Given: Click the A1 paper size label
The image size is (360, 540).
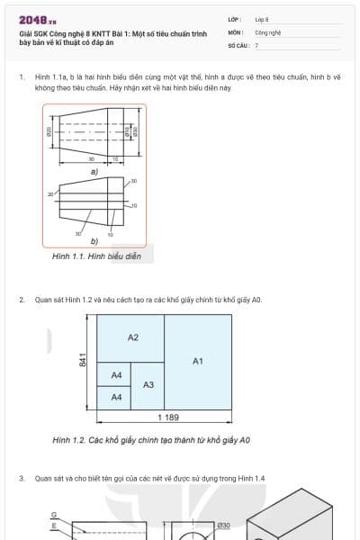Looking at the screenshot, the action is click(x=198, y=361).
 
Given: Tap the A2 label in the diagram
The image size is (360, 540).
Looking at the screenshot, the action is click(x=133, y=337).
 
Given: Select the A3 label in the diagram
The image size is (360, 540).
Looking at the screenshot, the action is click(x=148, y=385).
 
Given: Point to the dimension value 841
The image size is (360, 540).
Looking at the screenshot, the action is click(x=83, y=360).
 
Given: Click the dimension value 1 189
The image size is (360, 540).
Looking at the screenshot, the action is click(x=168, y=418).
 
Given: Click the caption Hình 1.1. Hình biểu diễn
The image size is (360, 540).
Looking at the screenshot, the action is click(x=96, y=256).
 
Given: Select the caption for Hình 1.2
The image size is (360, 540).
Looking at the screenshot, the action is click(x=151, y=440).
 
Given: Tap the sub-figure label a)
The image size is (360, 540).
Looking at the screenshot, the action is click(x=94, y=171).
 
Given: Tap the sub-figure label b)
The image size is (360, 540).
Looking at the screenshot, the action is click(x=94, y=240).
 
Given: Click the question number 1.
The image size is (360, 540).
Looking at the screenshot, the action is click(x=21, y=78).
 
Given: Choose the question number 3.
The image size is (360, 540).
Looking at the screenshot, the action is click(x=21, y=478).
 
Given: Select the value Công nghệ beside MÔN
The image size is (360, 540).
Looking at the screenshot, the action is click(x=267, y=31).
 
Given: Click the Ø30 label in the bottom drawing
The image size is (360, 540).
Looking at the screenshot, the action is click(x=224, y=525).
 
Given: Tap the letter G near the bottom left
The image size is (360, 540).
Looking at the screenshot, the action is click(x=53, y=515).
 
